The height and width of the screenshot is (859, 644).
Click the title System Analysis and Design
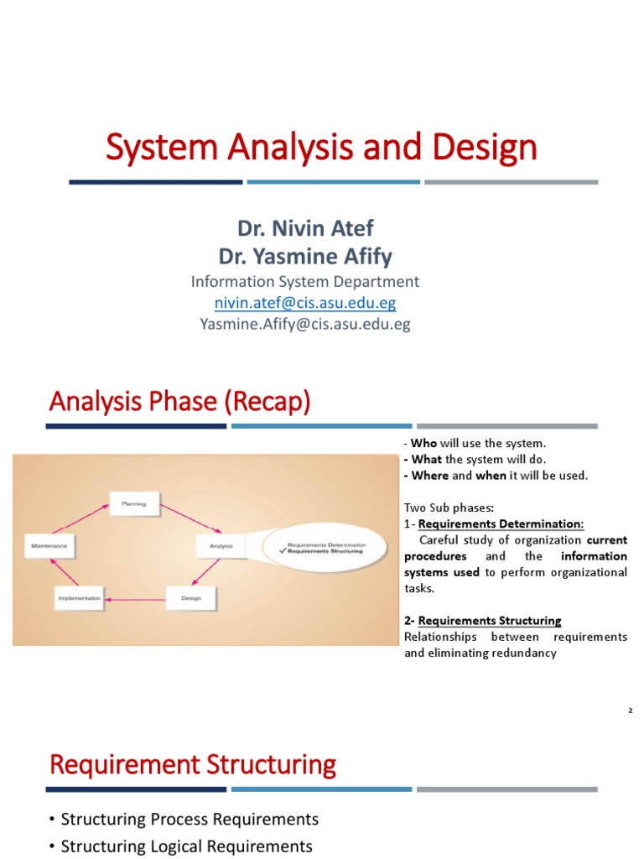(321, 148)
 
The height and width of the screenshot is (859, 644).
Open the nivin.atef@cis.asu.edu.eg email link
(305, 302)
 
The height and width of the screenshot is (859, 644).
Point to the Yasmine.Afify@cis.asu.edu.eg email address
(305, 324)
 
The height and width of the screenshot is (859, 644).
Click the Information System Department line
(305, 281)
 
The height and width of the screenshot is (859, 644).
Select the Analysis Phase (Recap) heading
(179, 403)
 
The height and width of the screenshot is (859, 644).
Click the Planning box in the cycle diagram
(133, 504)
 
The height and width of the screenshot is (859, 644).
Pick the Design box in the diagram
(190, 599)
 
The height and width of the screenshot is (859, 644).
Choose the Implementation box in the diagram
(80, 599)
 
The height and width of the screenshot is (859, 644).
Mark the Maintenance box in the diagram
(50, 546)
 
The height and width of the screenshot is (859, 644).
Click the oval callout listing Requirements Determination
(325, 547)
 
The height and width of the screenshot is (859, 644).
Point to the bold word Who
(421, 443)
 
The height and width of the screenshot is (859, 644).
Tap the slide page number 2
(630, 711)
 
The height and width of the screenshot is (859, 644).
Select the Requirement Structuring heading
(193, 765)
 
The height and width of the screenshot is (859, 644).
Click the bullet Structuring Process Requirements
(189, 818)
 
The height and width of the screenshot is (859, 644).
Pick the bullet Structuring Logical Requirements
(186, 846)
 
